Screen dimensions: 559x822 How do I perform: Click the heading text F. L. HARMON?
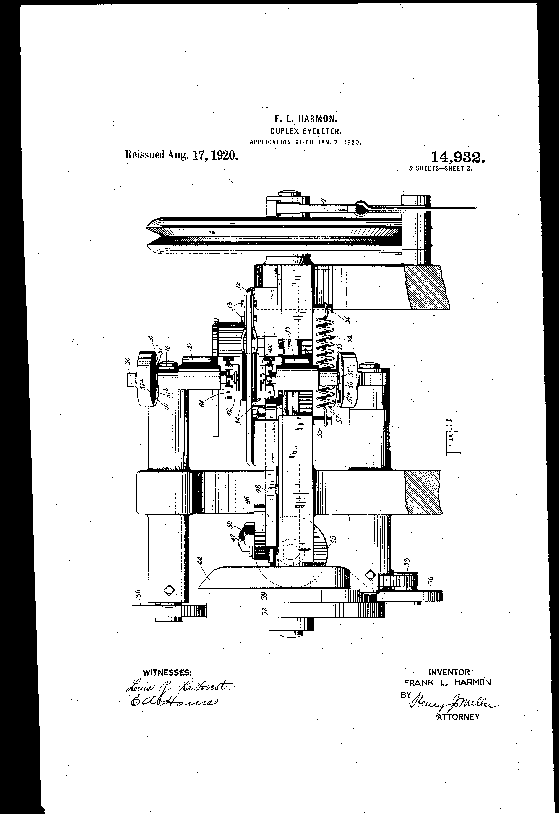point(306,118)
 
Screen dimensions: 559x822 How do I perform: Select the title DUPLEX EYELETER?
point(306,131)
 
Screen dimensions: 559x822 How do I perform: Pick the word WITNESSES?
point(167,672)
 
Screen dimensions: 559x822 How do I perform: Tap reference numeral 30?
point(128,362)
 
